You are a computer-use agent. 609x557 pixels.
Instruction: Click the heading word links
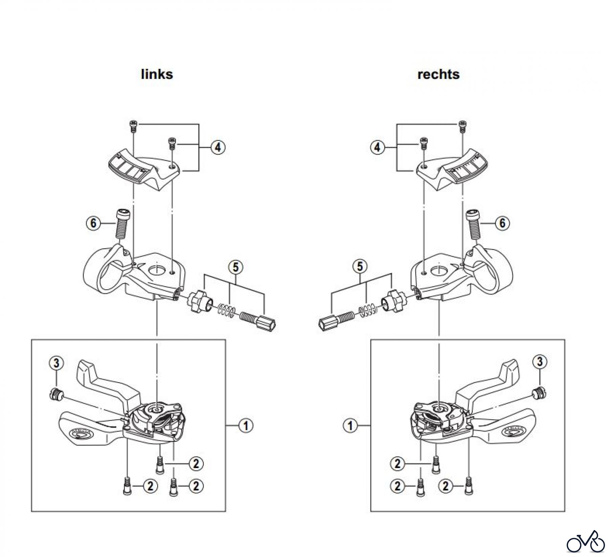click(157, 74)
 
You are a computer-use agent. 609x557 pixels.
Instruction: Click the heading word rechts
click(438, 74)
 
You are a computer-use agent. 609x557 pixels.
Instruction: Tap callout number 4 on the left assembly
click(218, 147)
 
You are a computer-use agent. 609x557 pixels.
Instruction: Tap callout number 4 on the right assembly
click(377, 148)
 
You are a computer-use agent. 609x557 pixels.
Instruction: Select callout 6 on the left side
click(93, 223)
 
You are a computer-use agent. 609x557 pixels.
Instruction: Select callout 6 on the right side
click(502, 223)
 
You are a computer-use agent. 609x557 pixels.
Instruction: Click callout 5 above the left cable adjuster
click(235, 267)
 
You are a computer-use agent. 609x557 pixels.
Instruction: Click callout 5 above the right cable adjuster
click(360, 267)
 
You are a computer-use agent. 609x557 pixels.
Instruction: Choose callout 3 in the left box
click(57, 363)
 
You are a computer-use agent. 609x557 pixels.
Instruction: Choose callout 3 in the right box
click(540, 362)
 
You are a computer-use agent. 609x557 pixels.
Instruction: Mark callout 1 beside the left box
click(246, 426)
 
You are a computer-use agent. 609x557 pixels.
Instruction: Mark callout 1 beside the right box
click(351, 426)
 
